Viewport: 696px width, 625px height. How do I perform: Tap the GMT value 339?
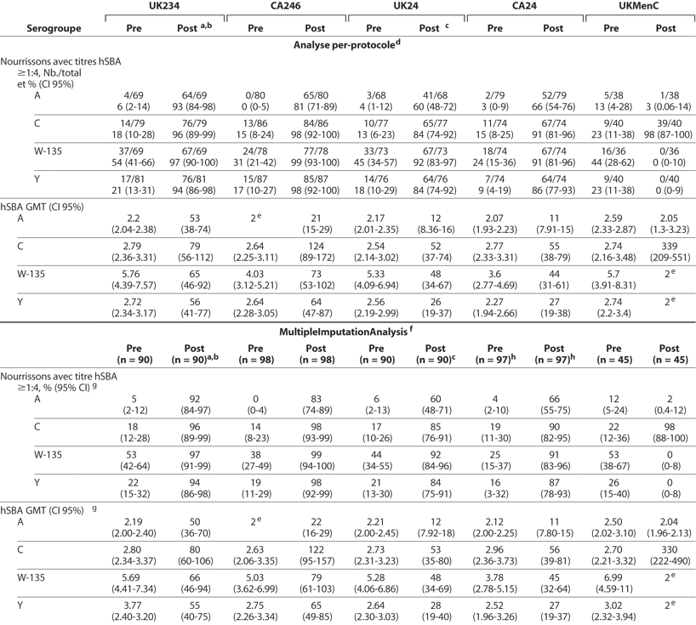[666, 243]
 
